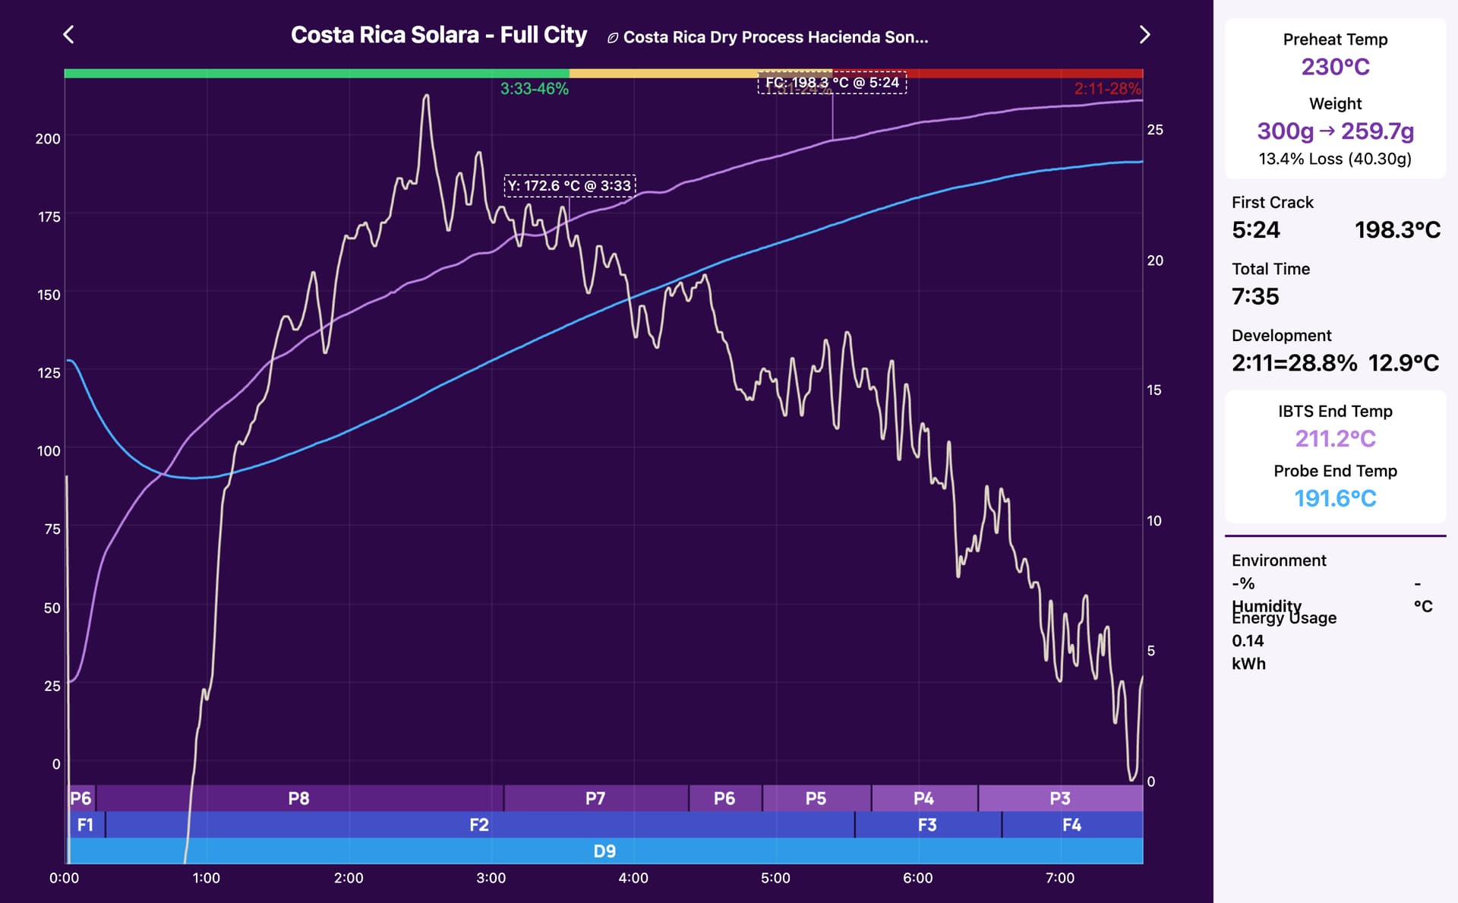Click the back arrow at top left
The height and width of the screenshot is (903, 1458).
coord(68,35)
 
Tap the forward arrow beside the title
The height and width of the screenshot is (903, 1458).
coord(1144,35)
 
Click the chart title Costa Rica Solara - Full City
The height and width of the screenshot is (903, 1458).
coord(439,35)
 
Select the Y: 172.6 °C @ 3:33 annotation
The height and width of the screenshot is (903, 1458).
coord(570,185)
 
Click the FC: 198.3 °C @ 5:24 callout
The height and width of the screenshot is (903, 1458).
coord(832,83)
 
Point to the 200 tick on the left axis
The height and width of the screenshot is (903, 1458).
coord(48,139)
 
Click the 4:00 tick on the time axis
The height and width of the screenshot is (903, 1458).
coord(633,878)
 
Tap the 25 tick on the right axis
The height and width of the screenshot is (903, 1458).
coord(1154,130)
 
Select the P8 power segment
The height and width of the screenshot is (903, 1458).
coord(298,798)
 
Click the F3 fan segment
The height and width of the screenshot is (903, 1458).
coord(927,825)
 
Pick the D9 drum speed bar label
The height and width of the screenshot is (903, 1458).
coord(604,851)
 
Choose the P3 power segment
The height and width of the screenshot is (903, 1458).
coord(1060,798)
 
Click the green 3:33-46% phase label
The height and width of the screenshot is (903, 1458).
coord(534,89)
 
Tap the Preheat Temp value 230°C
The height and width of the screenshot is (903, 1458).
coord(1335,67)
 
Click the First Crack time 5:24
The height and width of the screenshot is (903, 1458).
coord(1256,230)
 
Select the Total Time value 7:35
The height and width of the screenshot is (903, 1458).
coord(1255,296)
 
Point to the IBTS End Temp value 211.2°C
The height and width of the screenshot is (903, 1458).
coord(1335,439)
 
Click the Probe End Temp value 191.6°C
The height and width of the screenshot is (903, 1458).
coord(1335,498)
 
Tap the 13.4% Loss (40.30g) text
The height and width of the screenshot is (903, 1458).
coord(1335,159)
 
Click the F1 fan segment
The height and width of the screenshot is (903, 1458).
coord(85,825)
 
